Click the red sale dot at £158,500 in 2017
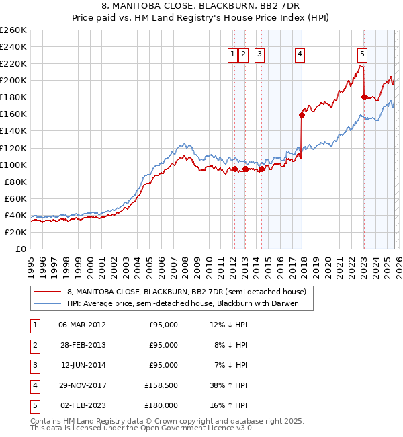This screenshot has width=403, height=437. pos(302,115)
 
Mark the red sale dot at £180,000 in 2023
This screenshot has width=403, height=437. pos(363,97)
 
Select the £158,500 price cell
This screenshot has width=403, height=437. pos(161,387)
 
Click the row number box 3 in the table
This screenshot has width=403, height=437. pos(35,366)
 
